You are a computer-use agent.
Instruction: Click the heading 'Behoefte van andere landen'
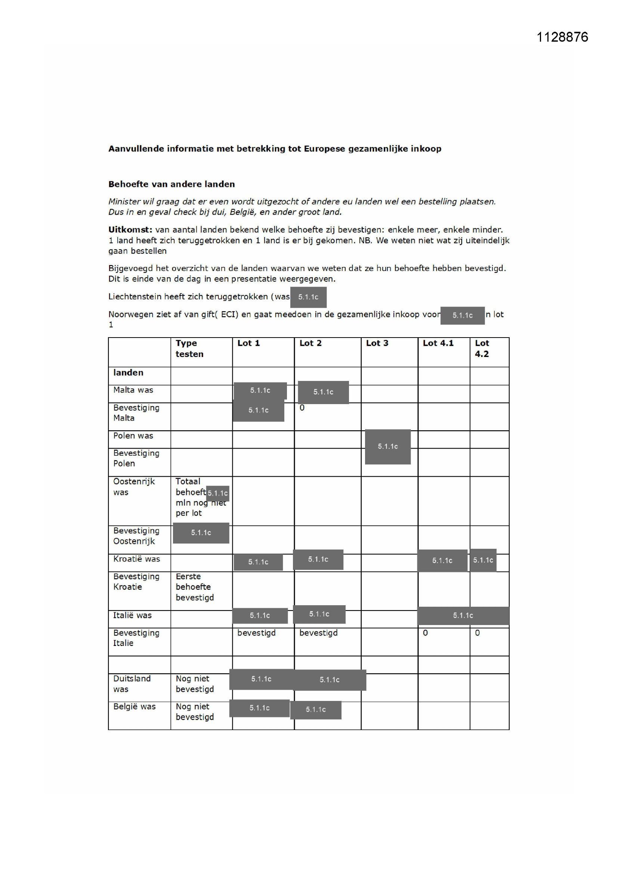coord(171,184)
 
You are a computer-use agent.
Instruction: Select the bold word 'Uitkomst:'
coord(130,230)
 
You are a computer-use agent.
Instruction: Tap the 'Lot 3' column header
coord(377,343)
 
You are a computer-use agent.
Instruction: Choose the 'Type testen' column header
coord(189,348)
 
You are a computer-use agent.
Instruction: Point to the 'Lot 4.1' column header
coord(438,343)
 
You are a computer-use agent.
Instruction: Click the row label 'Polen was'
coord(133,436)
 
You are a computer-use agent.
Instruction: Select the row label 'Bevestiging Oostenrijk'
coord(136,536)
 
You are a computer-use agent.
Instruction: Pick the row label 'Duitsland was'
coord(132,683)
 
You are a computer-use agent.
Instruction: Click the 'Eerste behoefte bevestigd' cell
coord(194,587)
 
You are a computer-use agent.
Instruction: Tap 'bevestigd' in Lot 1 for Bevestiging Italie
coord(256,633)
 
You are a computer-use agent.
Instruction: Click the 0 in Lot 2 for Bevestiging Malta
coord(302,408)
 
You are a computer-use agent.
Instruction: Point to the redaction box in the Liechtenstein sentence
coord(308,297)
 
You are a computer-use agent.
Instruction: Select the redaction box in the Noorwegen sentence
coord(462,315)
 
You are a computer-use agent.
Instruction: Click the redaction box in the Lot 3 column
coord(387,446)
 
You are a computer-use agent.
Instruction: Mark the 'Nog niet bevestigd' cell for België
coord(194,711)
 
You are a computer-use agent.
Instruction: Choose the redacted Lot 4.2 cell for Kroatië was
coord(483,560)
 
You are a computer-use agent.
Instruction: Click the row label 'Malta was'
coord(133,390)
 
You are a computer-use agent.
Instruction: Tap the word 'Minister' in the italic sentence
coord(124,201)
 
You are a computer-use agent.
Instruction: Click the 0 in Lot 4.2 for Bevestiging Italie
coord(477,633)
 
